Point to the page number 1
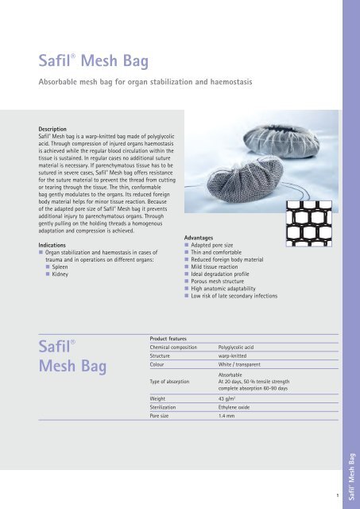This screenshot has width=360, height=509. point(338,495)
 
